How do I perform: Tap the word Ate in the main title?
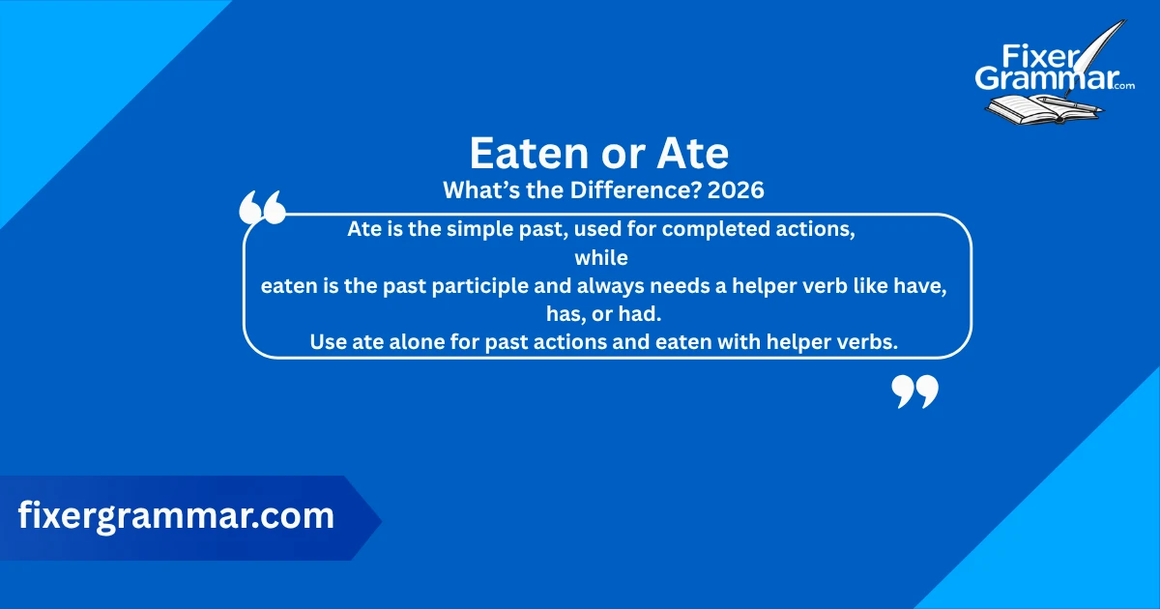pyautogui.click(x=695, y=153)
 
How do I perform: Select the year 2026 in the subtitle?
pyautogui.click(x=736, y=190)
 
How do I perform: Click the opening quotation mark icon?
pyautogui.click(x=262, y=208)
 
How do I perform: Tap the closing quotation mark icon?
pyautogui.click(x=914, y=392)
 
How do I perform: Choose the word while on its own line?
pyautogui.click(x=601, y=258)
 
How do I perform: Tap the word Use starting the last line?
pyautogui.click(x=327, y=341)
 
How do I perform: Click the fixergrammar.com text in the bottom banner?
pyautogui.click(x=177, y=515)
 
